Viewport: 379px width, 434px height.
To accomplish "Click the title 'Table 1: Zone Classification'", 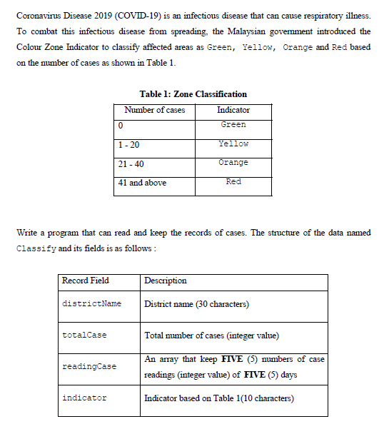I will point(193,94).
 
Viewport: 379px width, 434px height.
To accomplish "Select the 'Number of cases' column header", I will point(154,110).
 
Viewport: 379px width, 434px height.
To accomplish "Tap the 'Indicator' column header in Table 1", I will point(233,110).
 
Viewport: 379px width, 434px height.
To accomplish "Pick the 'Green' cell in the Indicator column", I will point(233,124).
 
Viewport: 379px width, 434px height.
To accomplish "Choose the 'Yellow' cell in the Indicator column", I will point(233,143).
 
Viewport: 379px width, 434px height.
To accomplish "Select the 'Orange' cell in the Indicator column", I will point(233,163).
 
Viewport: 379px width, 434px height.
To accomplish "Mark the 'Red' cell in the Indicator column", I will point(233,182).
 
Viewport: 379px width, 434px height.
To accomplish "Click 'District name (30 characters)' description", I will point(196,304).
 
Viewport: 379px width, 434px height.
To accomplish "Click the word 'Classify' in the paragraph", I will point(32,248).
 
